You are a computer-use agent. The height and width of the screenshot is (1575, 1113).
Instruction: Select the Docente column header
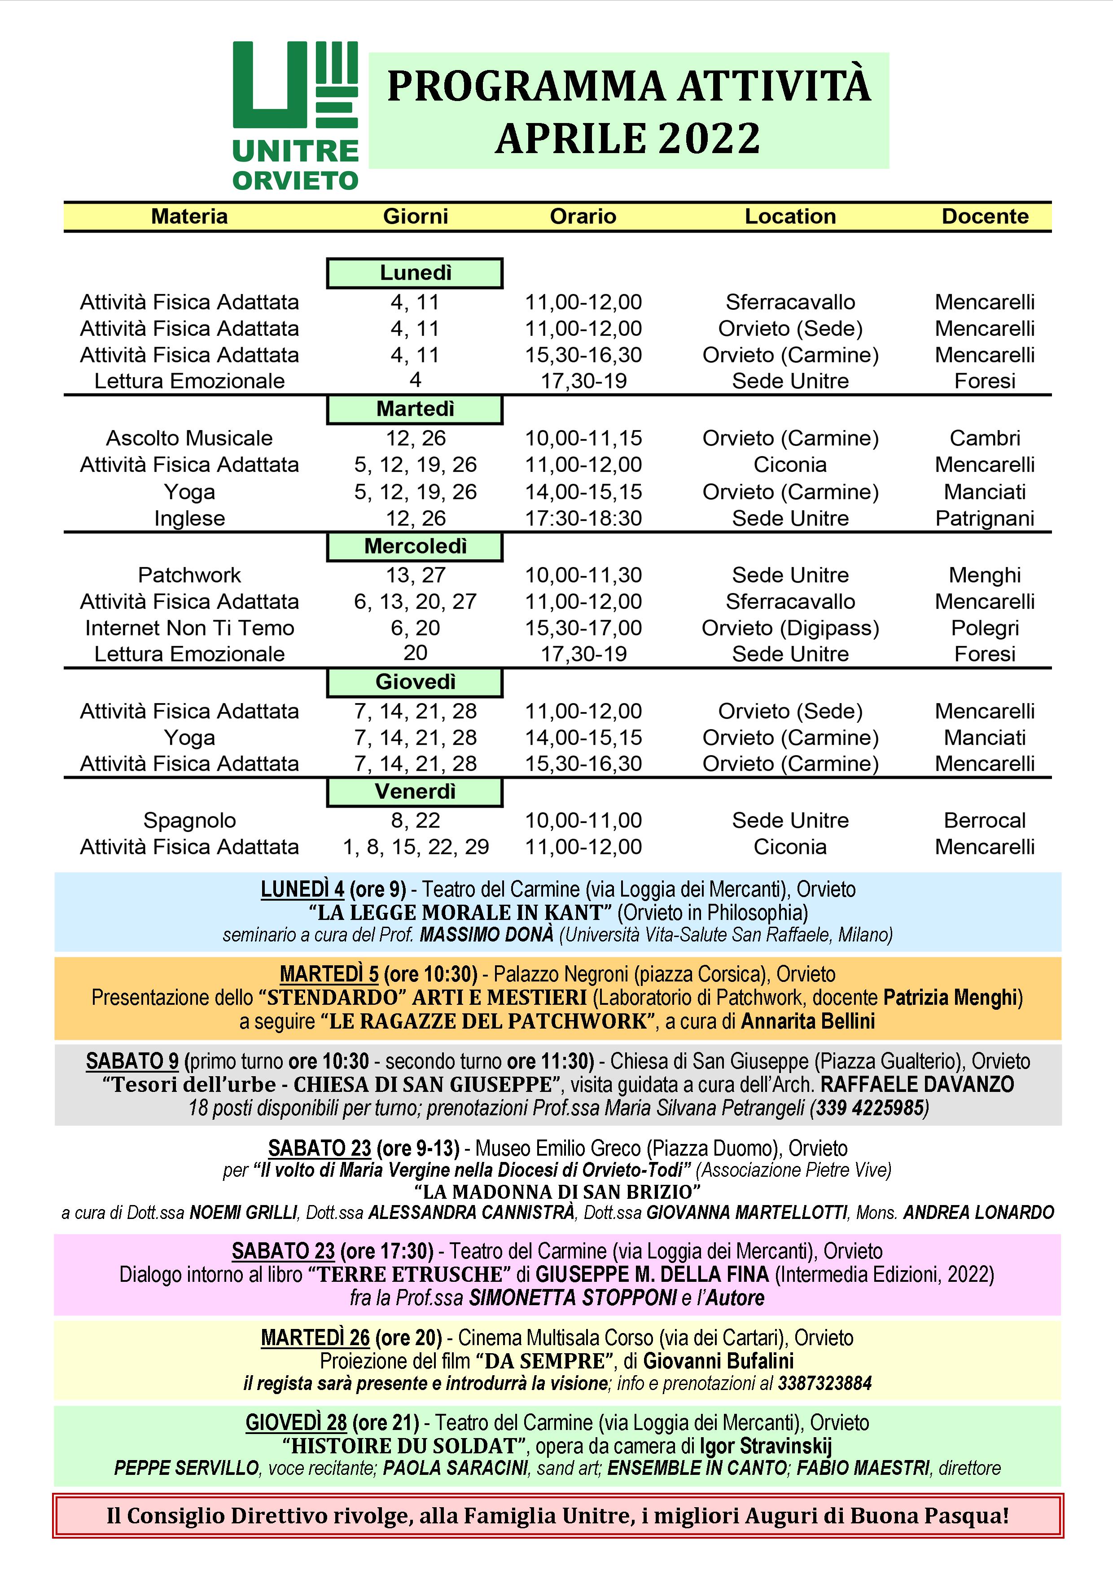[x=984, y=217]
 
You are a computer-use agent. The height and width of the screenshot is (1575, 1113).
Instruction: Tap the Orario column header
[x=583, y=217]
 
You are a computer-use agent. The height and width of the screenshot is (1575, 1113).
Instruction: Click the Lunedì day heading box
[x=415, y=273]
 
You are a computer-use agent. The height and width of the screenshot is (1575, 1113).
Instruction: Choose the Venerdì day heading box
[x=415, y=792]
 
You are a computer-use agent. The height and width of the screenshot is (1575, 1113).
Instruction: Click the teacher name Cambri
[x=984, y=438]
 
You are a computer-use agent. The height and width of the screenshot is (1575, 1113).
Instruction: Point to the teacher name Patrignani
[x=984, y=519]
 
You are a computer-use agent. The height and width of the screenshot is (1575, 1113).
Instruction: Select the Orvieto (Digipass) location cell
[x=790, y=629]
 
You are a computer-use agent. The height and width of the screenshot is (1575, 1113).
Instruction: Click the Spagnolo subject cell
[x=189, y=820]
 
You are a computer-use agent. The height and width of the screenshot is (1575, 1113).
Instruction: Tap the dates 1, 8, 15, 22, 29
[x=416, y=847]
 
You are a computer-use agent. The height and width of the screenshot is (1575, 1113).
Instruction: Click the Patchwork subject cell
[x=189, y=575]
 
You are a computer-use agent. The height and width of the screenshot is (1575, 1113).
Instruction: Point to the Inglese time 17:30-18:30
[x=583, y=519]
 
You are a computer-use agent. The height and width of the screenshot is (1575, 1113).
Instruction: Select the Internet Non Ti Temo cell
[x=189, y=629]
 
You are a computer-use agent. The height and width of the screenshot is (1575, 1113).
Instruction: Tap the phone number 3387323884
[x=824, y=1384]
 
